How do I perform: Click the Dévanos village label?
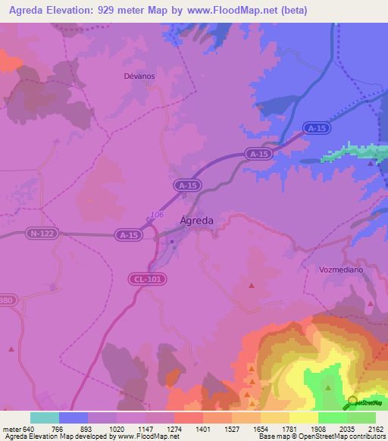click(x=139, y=76)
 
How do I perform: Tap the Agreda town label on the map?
click(x=196, y=220)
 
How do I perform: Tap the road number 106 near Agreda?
click(x=156, y=215)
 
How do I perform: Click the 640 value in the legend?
click(x=29, y=428)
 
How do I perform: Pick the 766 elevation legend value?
click(x=58, y=428)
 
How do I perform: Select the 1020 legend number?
click(x=116, y=428)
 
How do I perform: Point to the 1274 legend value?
click(x=174, y=428)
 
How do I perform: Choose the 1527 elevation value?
click(x=231, y=428)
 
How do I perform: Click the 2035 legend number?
click(x=346, y=428)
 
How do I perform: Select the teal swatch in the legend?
click(x=45, y=418)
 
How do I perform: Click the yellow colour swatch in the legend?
click(x=304, y=418)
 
